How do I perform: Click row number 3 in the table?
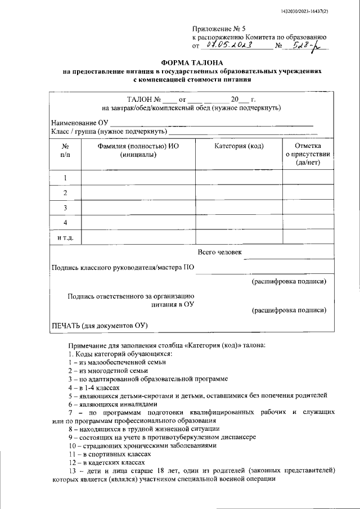coord(65,208)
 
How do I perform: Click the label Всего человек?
coord(220,252)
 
